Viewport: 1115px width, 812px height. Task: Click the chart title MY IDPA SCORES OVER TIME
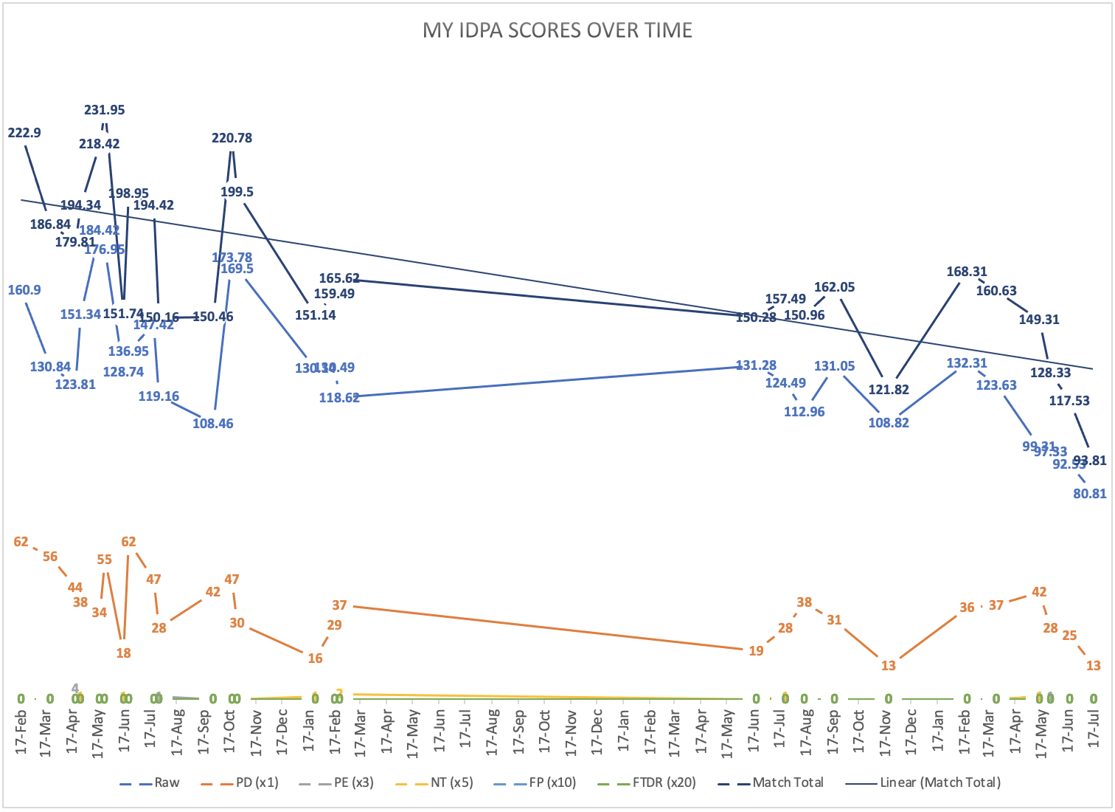click(x=557, y=30)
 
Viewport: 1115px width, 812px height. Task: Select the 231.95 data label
click(x=105, y=110)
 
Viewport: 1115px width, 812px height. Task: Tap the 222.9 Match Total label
click(x=24, y=133)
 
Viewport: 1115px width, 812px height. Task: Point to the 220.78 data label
click(x=232, y=138)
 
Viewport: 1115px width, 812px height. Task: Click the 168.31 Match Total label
click(x=967, y=272)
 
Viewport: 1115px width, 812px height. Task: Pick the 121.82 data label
click(x=889, y=390)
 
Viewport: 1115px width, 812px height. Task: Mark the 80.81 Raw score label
click(x=1089, y=494)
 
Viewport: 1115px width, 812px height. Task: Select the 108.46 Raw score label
click(x=213, y=424)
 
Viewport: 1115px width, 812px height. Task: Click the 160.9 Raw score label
click(x=24, y=290)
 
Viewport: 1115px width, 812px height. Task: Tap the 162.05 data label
click(x=835, y=287)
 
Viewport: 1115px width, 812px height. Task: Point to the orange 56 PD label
click(x=50, y=557)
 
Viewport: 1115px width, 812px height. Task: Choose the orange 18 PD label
click(x=123, y=653)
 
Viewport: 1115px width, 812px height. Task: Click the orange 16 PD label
click(x=315, y=658)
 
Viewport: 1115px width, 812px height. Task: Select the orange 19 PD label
click(x=756, y=651)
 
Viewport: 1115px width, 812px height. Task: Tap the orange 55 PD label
click(x=105, y=560)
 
